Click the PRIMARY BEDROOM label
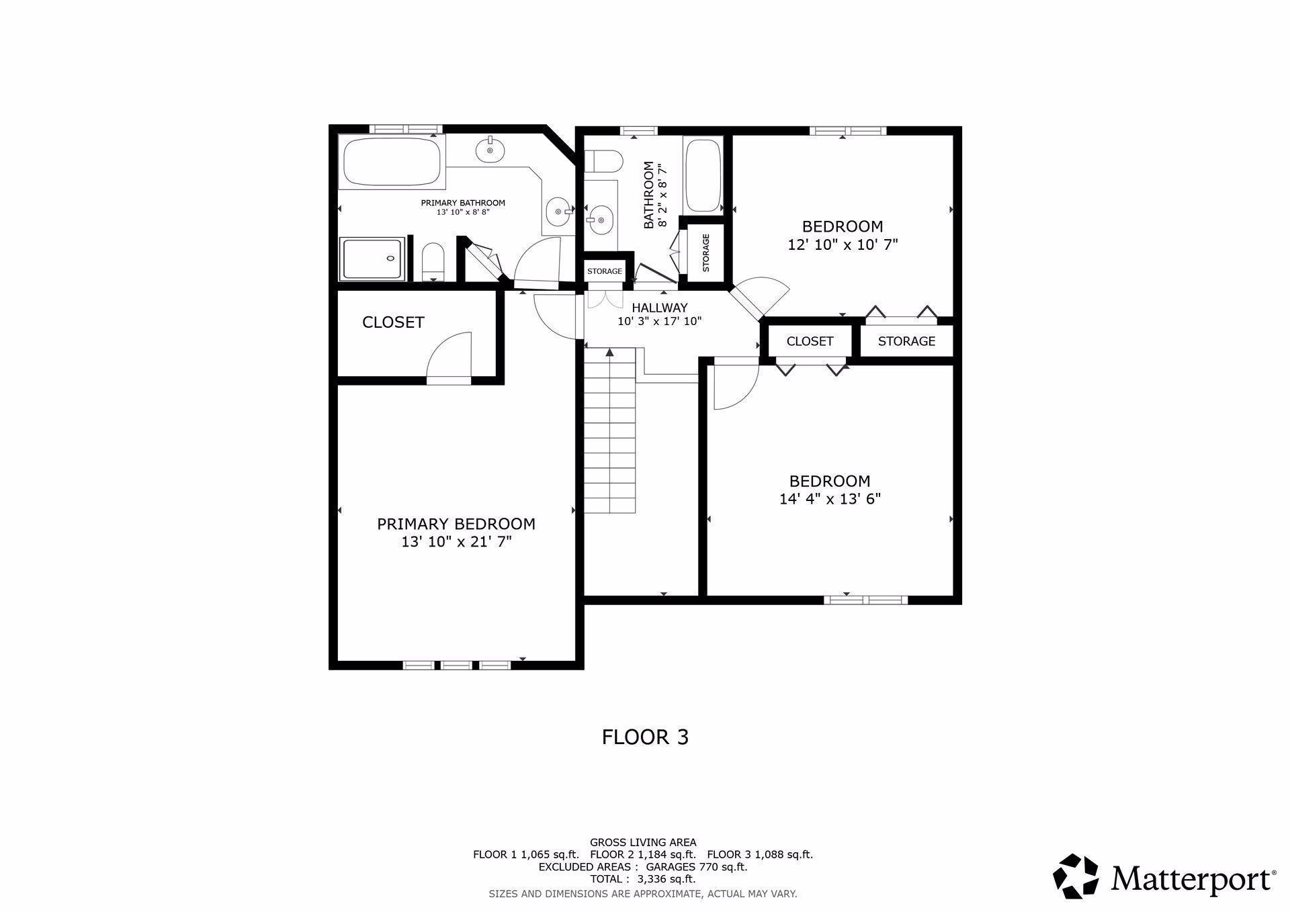(456, 524)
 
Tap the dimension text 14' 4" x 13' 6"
(830, 499)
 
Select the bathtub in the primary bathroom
(392, 161)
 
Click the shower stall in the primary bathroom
(372, 259)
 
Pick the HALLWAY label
(659, 308)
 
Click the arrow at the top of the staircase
(609, 352)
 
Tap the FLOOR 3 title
(644, 737)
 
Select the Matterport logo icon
(1075, 876)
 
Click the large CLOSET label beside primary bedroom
(393, 322)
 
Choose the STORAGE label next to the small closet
(906, 341)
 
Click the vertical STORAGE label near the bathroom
(705, 253)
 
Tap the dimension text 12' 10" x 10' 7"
(843, 244)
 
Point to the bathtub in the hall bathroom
(703, 175)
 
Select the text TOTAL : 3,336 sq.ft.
(642, 878)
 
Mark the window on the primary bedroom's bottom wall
(457, 665)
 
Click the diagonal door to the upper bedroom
(758, 300)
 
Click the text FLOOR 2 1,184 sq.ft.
(642, 854)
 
